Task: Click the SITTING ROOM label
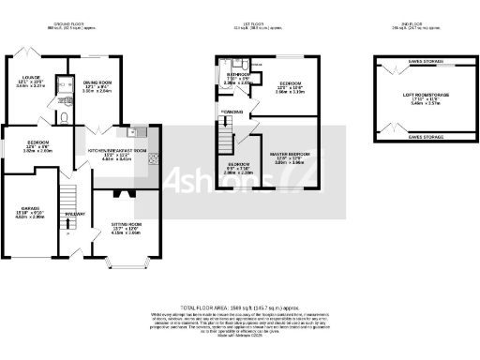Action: click(x=127, y=224)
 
